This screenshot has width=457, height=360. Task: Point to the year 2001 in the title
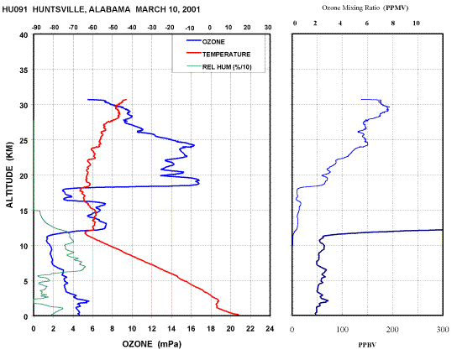192,9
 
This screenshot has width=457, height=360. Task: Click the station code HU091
14,9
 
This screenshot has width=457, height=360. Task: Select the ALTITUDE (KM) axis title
10,175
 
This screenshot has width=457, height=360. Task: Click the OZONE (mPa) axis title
151,344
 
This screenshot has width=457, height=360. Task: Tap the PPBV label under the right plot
367,345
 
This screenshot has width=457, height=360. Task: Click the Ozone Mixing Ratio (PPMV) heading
365,8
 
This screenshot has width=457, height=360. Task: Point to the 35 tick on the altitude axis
24,70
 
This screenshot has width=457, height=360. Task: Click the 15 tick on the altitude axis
24,211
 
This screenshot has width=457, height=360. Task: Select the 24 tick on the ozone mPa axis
270,329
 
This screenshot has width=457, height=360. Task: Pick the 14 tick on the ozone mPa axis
171,329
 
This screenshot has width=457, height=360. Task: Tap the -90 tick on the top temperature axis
36,28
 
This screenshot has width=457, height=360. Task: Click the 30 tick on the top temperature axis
268,28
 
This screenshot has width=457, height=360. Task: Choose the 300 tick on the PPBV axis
443,330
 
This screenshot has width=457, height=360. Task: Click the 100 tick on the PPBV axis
342,330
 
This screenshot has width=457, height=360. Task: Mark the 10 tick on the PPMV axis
416,23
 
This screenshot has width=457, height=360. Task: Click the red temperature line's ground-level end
238,315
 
